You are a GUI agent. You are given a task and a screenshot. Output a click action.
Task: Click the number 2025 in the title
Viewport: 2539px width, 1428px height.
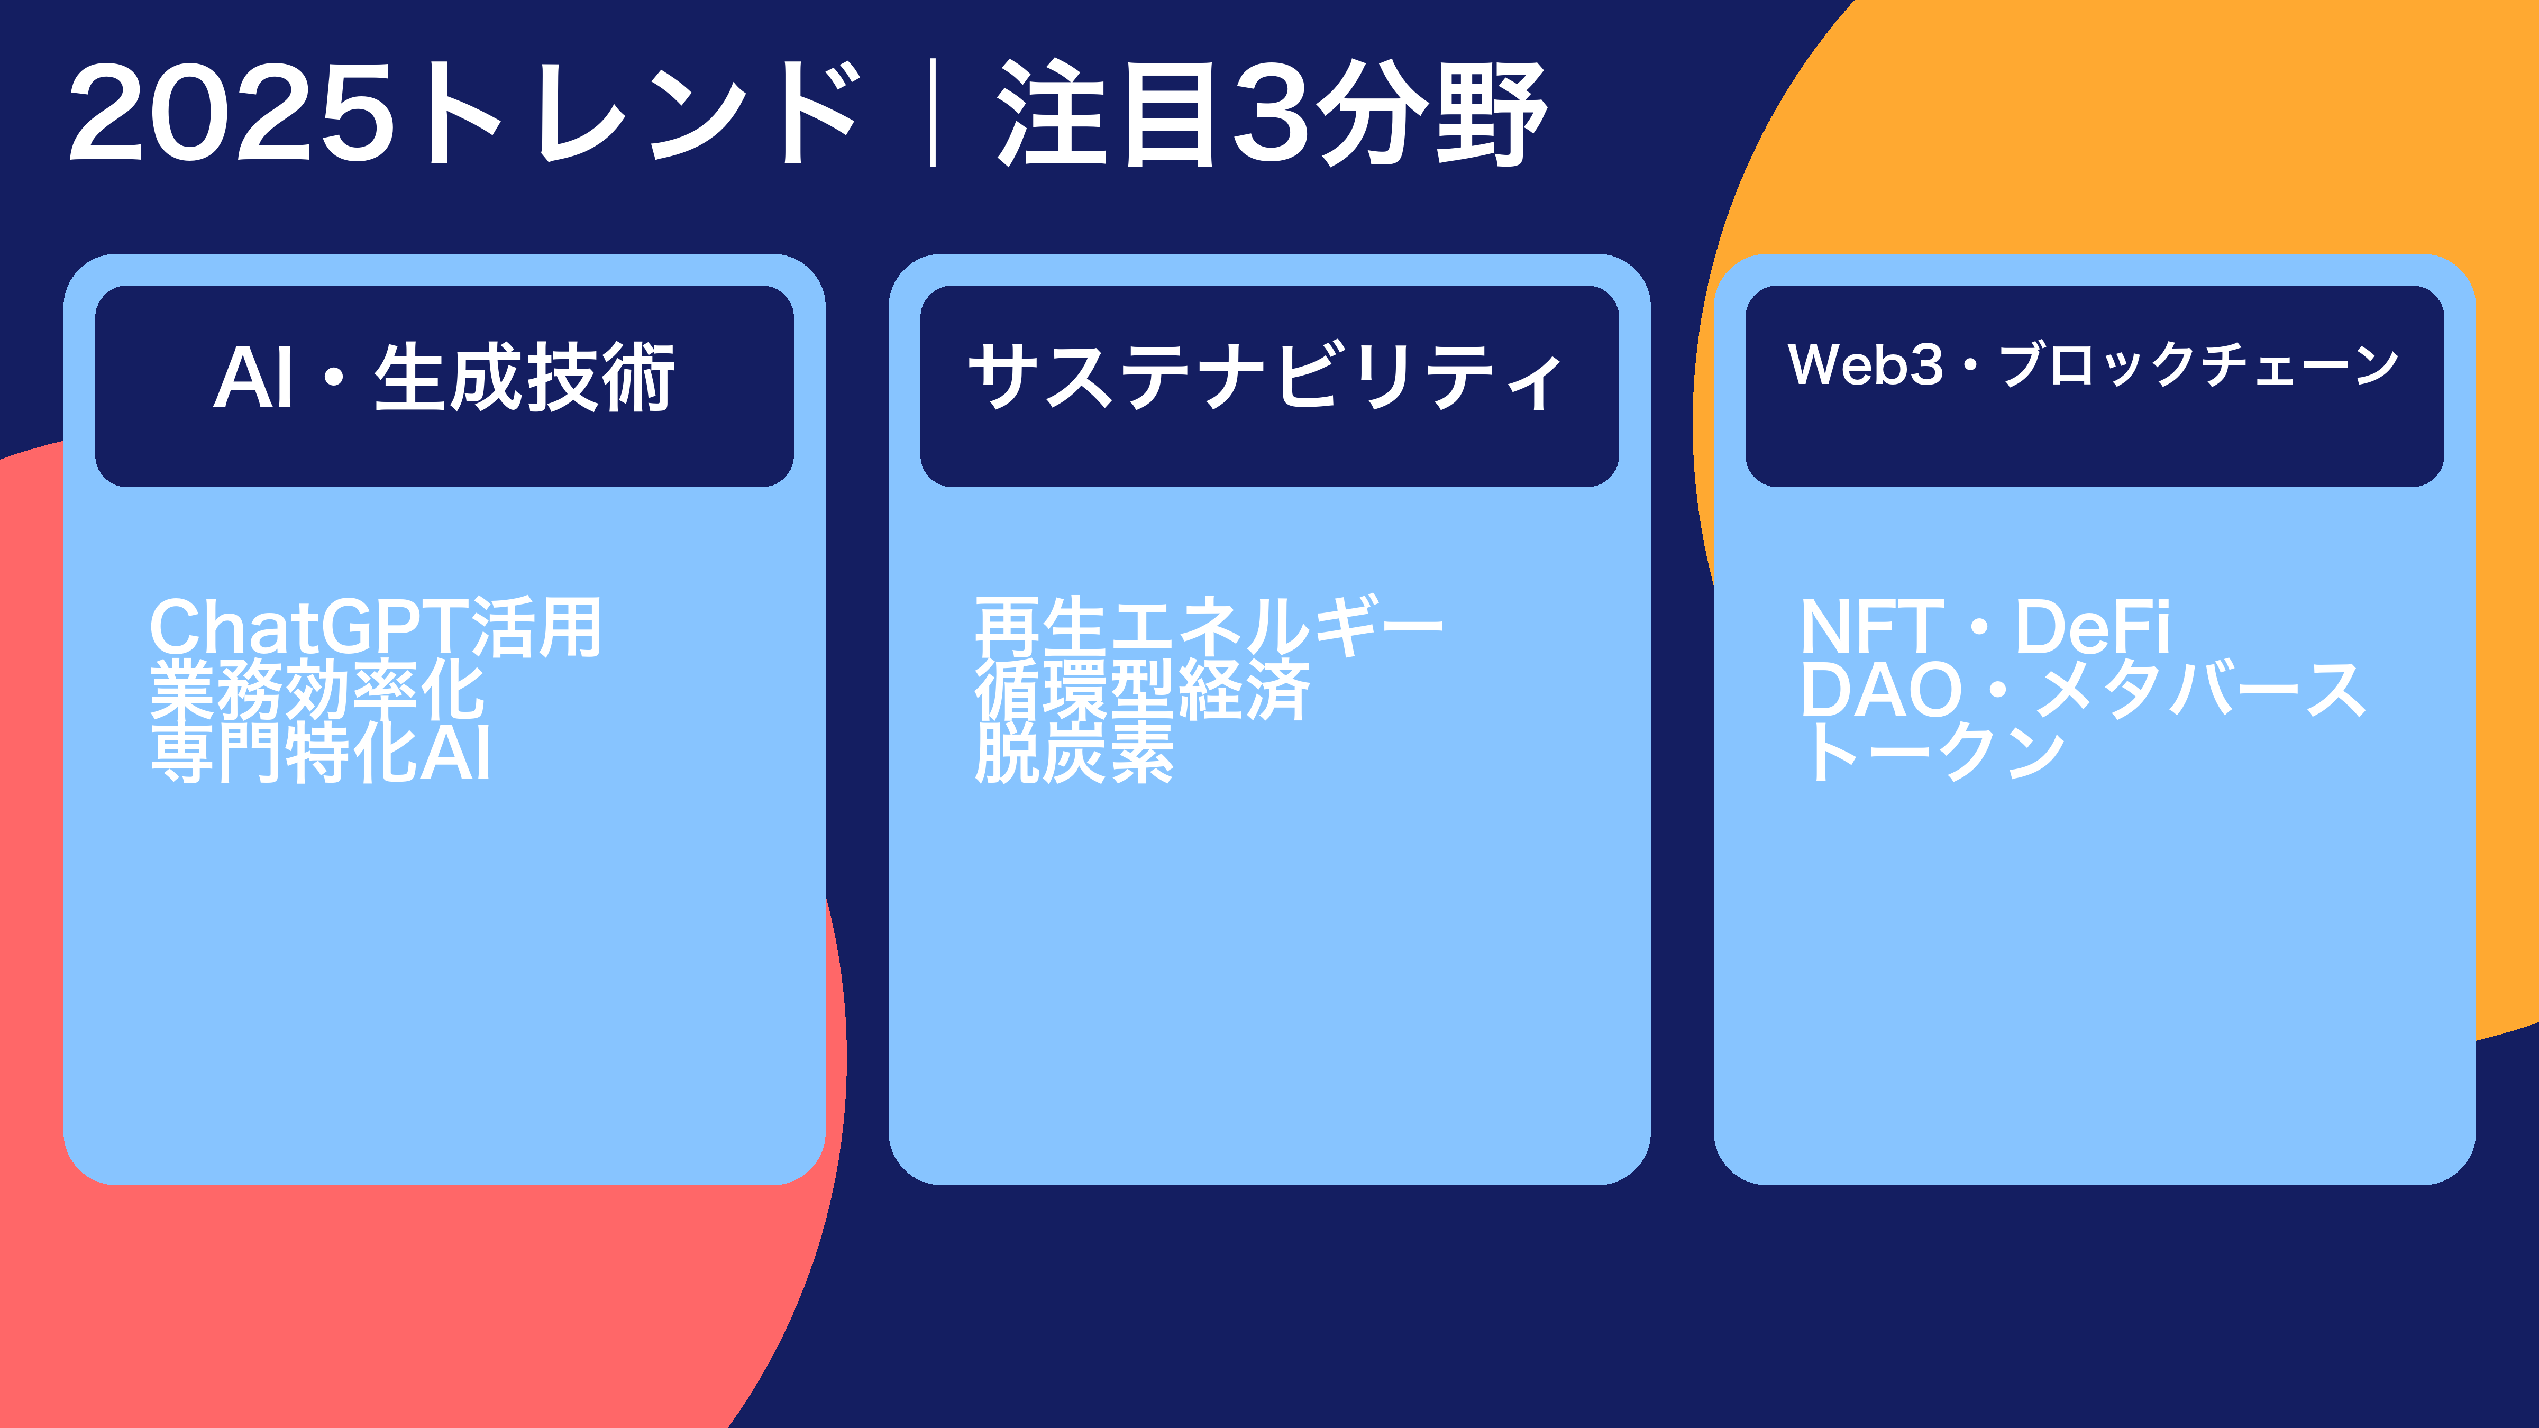(233, 112)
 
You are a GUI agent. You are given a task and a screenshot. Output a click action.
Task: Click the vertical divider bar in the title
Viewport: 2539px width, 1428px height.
(931, 112)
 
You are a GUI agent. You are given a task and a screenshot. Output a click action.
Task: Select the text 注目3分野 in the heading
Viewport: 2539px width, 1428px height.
(1272, 112)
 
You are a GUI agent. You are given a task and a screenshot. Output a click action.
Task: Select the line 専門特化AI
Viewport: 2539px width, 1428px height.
(321, 753)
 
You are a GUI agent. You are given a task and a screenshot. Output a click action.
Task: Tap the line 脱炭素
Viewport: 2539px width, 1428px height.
(1074, 753)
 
